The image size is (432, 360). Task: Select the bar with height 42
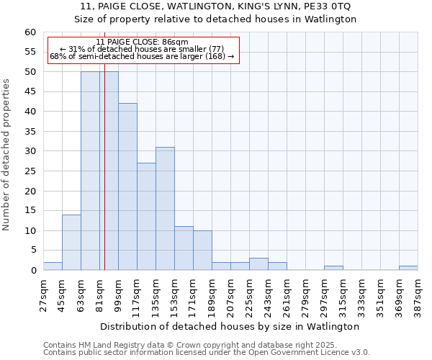click(x=127, y=186)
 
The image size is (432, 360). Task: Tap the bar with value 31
click(x=165, y=209)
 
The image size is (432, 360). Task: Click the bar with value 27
click(x=146, y=217)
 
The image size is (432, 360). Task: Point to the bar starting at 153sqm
click(x=184, y=248)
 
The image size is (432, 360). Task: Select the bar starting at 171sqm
click(x=202, y=251)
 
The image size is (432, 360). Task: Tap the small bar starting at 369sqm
click(x=408, y=268)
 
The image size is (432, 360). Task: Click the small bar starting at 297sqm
click(x=333, y=268)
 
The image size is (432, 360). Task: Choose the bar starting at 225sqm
click(x=258, y=264)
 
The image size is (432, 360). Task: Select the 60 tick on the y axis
click(x=30, y=32)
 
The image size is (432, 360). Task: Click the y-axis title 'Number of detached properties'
click(x=7, y=155)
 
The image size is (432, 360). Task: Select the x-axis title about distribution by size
click(x=230, y=326)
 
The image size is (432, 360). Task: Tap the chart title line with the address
click(x=216, y=6)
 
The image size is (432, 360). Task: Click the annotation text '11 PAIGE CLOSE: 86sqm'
click(x=142, y=42)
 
